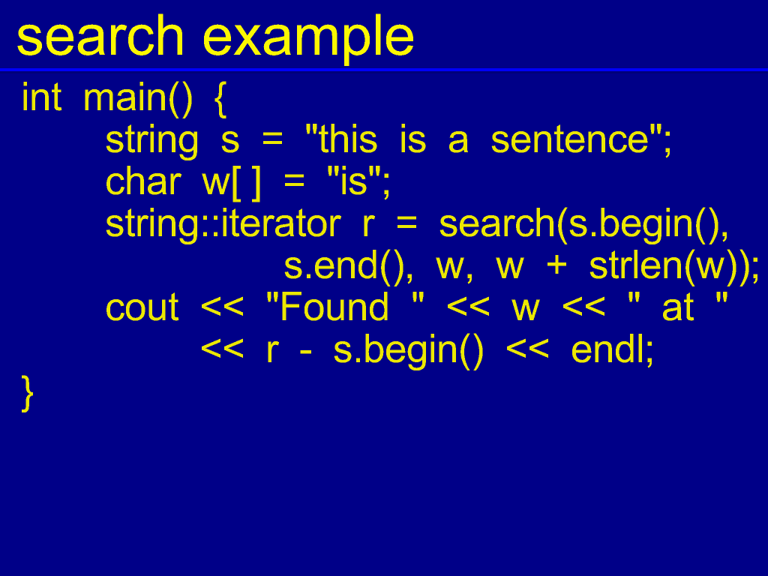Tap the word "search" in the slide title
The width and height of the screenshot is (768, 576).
click(100, 35)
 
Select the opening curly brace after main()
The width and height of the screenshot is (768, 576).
click(220, 100)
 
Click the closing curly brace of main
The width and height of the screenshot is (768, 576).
click(28, 393)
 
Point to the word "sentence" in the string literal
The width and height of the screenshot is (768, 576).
click(570, 140)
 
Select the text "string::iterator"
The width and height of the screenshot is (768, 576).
click(223, 225)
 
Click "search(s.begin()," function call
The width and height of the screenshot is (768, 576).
click(583, 225)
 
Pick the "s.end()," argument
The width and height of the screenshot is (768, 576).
click(349, 268)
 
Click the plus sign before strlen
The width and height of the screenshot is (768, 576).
click(556, 266)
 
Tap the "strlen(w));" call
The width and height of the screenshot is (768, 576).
click(674, 268)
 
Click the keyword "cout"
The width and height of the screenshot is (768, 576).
click(142, 308)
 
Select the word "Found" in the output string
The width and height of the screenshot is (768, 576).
click(334, 307)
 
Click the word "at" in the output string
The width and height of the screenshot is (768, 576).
click(678, 308)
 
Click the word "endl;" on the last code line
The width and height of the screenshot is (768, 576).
click(612, 351)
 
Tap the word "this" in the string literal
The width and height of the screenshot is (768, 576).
click(348, 139)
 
